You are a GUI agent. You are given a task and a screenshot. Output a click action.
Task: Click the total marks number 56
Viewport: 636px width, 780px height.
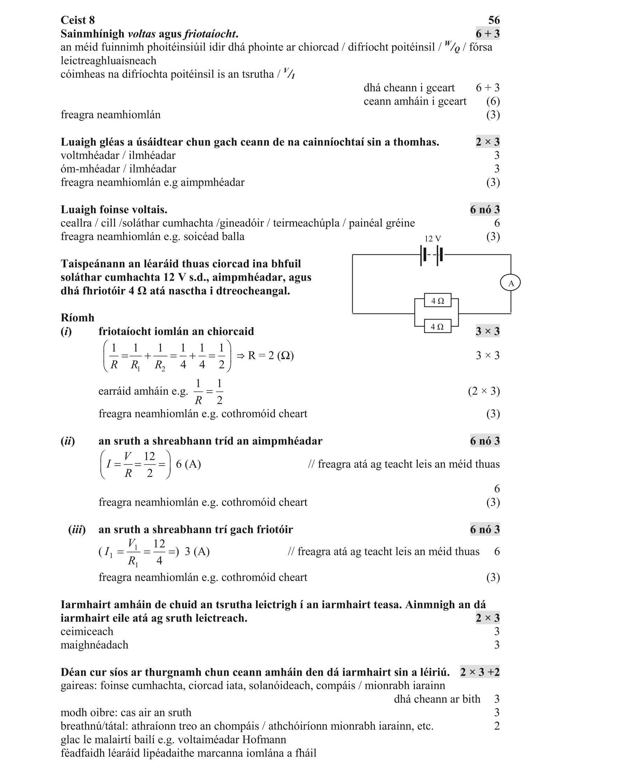click(x=494, y=20)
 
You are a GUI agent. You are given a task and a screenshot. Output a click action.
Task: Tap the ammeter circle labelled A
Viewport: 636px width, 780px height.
click(x=510, y=283)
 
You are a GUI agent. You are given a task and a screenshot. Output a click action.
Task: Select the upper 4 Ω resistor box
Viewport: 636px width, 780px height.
click(x=437, y=301)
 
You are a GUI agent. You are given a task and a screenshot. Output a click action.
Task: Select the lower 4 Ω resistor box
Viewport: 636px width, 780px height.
click(x=437, y=326)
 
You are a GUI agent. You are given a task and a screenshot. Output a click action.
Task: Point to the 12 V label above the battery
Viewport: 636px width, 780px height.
click(x=432, y=239)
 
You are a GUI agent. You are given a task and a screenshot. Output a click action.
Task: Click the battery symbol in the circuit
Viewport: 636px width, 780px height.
click(x=432, y=255)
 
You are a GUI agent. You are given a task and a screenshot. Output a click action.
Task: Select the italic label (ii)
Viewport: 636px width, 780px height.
click(x=68, y=441)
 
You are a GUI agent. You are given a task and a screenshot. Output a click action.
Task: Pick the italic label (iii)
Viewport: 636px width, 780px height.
click(x=77, y=530)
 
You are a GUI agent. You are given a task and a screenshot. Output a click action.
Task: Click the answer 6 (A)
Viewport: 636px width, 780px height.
click(x=188, y=464)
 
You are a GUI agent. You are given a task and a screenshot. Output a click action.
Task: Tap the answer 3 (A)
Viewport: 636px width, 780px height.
click(x=197, y=552)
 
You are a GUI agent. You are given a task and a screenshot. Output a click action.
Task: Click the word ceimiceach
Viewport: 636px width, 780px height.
click(x=87, y=632)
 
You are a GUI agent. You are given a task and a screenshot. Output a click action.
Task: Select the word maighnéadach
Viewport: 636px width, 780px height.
click(x=94, y=645)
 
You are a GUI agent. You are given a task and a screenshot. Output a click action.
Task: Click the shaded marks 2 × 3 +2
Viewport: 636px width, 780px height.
click(x=480, y=672)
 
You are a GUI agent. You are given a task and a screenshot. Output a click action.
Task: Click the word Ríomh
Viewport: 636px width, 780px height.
click(x=77, y=318)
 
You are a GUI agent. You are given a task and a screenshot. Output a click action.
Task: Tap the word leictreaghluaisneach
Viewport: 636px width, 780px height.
click(x=108, y=61)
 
